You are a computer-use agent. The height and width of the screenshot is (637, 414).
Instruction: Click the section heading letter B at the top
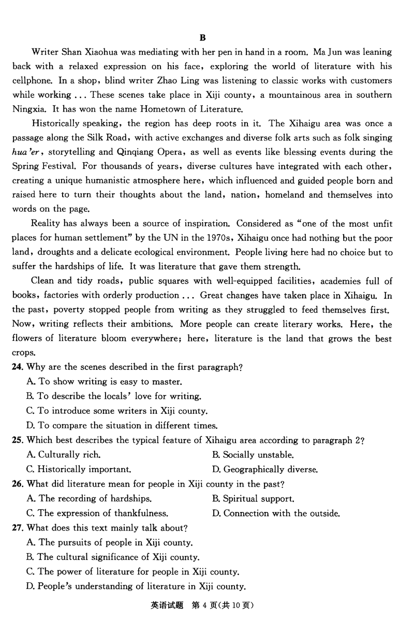tap(202, 38)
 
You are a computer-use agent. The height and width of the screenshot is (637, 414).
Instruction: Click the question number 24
tap(17, 367)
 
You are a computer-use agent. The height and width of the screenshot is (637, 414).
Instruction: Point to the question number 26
tap(17, 484)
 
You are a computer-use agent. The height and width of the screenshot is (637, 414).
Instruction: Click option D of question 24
tap(121, 426)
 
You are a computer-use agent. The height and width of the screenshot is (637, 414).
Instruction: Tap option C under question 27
tap(132, 572)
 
